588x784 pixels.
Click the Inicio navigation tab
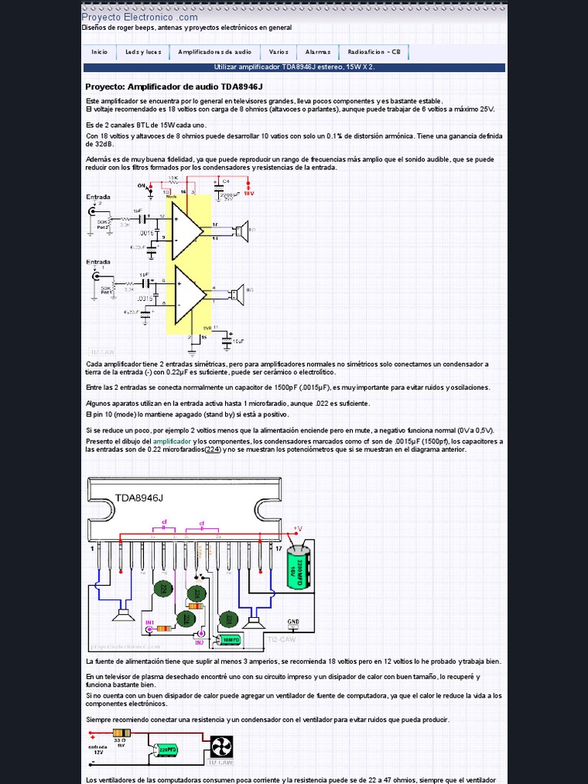click(100, 52)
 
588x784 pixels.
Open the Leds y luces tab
click(143, 52)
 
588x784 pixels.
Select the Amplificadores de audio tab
click(214, 52)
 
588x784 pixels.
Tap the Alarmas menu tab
click(318, 52)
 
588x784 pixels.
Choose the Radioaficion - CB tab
click(374, 52)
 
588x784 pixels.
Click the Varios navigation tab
click(279, 52)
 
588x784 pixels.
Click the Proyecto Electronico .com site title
click(139, 17)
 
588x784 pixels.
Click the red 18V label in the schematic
click(249, 194)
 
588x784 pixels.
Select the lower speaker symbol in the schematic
click(238, 292)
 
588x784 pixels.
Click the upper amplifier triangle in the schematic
click(186, 230)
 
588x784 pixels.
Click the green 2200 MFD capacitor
click(299, 567)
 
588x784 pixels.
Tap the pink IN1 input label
click(150, 622)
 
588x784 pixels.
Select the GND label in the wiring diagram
click(293, 621)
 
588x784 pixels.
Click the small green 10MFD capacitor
click(230, 639)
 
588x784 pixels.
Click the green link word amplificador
click(171, 442)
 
